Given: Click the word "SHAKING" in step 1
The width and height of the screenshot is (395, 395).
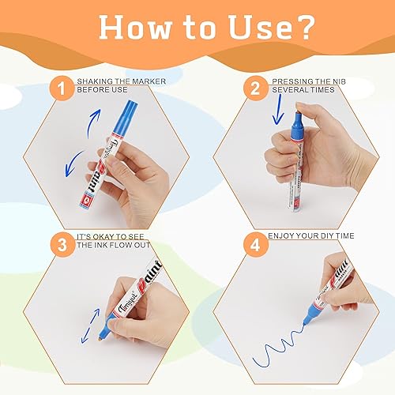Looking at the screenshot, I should point(96,81).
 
